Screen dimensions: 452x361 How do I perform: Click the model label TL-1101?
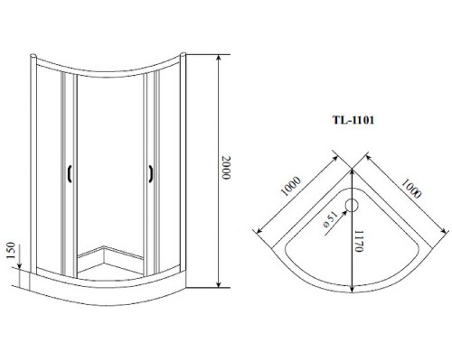coord(353,120)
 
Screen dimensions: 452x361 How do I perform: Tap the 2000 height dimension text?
coord(226,168)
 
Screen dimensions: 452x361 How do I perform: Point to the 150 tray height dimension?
coord(11,250)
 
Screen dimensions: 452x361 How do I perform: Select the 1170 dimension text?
coord(359,241)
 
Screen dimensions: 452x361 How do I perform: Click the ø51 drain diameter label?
coord(329,219)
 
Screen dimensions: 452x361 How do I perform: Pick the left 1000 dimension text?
coord(290,186)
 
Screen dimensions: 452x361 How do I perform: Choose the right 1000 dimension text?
coord(411,189)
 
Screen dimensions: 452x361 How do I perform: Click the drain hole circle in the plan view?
coord(352,206)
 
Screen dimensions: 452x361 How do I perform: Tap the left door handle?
coord(70,173)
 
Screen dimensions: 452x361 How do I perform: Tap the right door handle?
coord(150,173)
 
